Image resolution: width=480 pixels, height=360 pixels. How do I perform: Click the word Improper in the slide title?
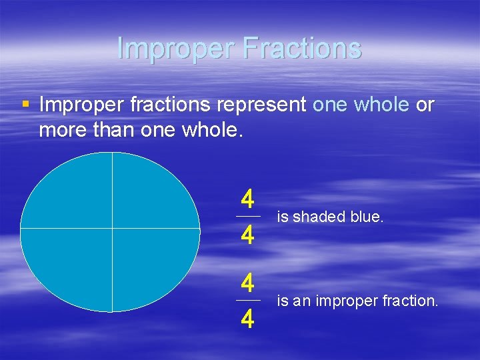(x=173, y=48)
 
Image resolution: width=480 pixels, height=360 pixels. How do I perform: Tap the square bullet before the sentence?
(x=25, y=105)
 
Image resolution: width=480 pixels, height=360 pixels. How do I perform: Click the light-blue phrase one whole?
(x=360, y=105)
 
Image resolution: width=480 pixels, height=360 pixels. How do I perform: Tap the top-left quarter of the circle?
(x=70, y=193)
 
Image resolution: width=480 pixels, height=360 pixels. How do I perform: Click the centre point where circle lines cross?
(x=112, y=229)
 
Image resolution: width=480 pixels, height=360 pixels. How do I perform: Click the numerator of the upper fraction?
(x=247, y=199)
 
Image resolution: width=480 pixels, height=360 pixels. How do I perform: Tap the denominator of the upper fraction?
(x=247, y=235)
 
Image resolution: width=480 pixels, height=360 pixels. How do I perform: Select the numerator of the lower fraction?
(x=247, y=283)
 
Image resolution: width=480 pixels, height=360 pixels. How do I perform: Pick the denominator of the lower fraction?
(x=247, y=319)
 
